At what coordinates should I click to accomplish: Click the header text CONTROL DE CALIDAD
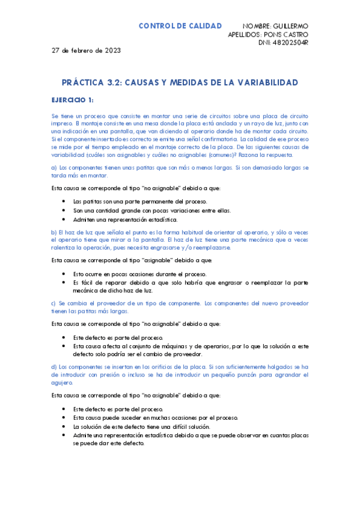click(x=180, y=26)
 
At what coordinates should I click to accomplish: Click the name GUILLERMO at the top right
click(x=289, y=26)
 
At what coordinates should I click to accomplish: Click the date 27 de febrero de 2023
click(x=86, y=51)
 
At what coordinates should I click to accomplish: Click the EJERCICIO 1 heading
click(x=72, y=99)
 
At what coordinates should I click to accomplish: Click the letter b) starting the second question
click(x=55, y=232)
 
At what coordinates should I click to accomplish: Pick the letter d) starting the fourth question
click(x=55, y=366)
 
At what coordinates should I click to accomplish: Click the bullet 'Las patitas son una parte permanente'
click(x=141, y=201)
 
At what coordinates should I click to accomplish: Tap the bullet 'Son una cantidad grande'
click(x=144, y=210)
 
